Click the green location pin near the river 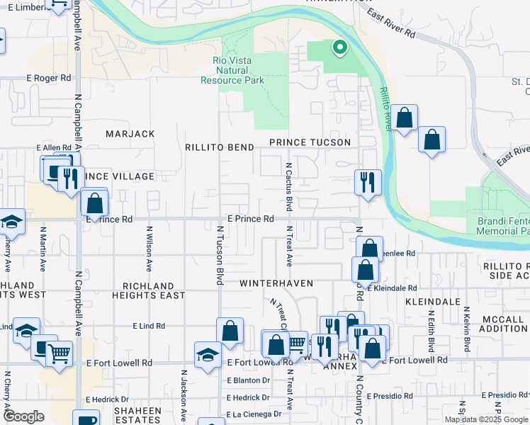point(340,47)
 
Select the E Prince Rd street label point(250,219)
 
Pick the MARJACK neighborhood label point(130,134)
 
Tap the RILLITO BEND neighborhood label point(219,147)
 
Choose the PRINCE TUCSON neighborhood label point(310,142)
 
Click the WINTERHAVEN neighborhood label point(276,283)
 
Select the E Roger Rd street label point(49,78)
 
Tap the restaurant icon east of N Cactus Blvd point(368,182)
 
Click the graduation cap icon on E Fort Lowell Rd point(208,355)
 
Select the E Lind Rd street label point(149,326)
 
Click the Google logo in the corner point(23,416)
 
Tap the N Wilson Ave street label point(150,249)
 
